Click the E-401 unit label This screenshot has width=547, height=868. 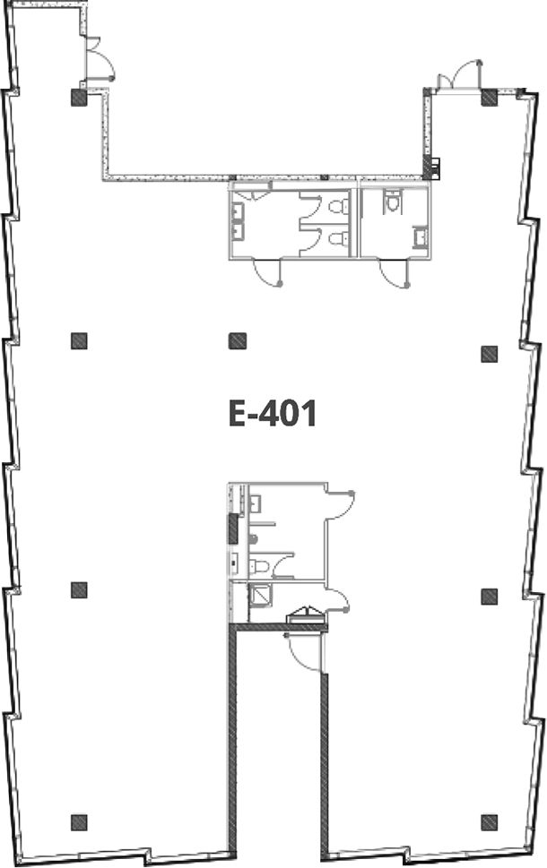(272, 414)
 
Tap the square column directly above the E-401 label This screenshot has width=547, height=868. (238, 340)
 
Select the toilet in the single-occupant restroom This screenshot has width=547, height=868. (393, 202)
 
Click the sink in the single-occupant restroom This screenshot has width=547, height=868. (421, 237)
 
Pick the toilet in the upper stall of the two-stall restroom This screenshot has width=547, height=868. (337, 207)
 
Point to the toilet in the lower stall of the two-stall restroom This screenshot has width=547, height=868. (337, 239)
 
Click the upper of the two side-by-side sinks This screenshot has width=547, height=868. (239, 211)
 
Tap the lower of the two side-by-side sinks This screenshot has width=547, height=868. (239, 231)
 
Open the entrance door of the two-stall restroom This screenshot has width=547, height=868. (268, 272)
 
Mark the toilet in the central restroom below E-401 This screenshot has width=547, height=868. (260, 566)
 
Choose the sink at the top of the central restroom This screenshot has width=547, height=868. (256, 503)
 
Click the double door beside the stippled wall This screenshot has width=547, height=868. (459, 74)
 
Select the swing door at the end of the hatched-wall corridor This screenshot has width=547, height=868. (302, 653)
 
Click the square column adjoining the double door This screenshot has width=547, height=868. (488, 98)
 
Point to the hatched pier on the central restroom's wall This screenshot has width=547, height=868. (233, 529)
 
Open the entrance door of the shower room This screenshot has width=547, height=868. (336, 600)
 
